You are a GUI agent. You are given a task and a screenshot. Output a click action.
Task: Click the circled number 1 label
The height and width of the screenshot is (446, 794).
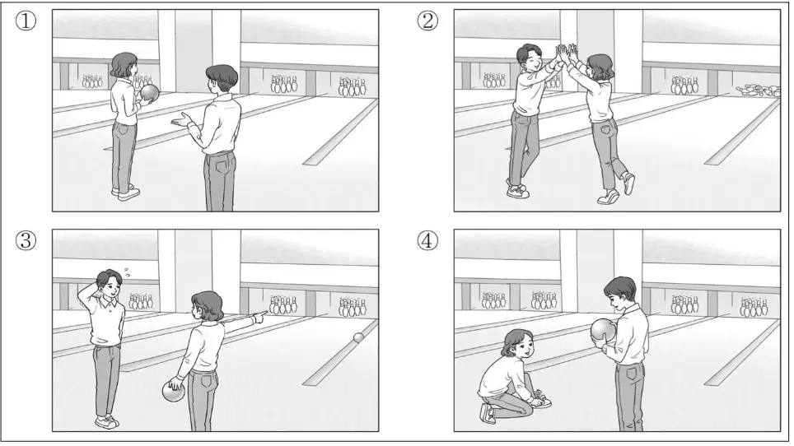tap(26, 21)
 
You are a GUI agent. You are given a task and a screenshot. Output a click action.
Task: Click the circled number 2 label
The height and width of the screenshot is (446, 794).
tap(428, 21)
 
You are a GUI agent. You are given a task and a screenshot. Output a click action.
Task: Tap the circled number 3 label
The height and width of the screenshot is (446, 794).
tap(26, 241)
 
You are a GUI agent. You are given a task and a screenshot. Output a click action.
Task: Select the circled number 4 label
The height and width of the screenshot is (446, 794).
tap(428, 241)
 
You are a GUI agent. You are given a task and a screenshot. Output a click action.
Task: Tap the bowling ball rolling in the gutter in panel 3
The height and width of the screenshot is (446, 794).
tap(359, 337)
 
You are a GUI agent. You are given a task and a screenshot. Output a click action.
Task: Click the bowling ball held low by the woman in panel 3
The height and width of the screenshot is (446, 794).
tap(174, 392)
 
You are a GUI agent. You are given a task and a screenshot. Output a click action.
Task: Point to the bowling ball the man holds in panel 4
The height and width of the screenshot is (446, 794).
tap(603, 330)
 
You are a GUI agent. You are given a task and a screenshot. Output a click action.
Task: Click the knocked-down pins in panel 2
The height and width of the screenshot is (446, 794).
tap(758, 91)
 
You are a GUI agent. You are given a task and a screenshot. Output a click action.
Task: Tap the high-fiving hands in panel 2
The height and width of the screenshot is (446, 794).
tap(567, 52)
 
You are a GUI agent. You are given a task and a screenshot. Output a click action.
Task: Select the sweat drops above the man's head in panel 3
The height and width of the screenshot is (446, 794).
tap(127, 273)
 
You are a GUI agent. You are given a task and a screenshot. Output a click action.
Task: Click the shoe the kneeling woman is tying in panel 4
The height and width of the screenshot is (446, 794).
tap(541, 402)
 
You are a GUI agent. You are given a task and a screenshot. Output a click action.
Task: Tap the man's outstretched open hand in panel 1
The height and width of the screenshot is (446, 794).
tap(181, 121)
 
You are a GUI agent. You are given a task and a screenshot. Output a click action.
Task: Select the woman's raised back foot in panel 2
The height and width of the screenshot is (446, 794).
tap(628, 183)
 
